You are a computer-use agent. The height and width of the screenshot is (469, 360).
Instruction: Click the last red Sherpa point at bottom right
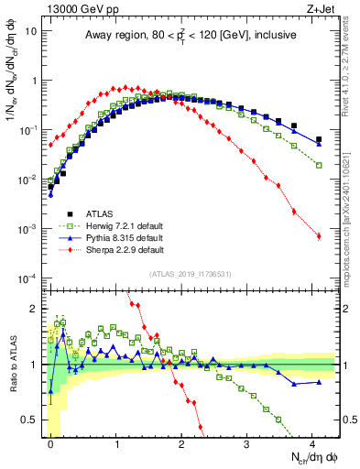coord(319,236)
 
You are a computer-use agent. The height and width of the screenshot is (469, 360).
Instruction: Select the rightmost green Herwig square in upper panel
coord(319,165)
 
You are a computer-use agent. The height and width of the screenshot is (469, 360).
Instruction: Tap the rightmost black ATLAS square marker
coord(319,140)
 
